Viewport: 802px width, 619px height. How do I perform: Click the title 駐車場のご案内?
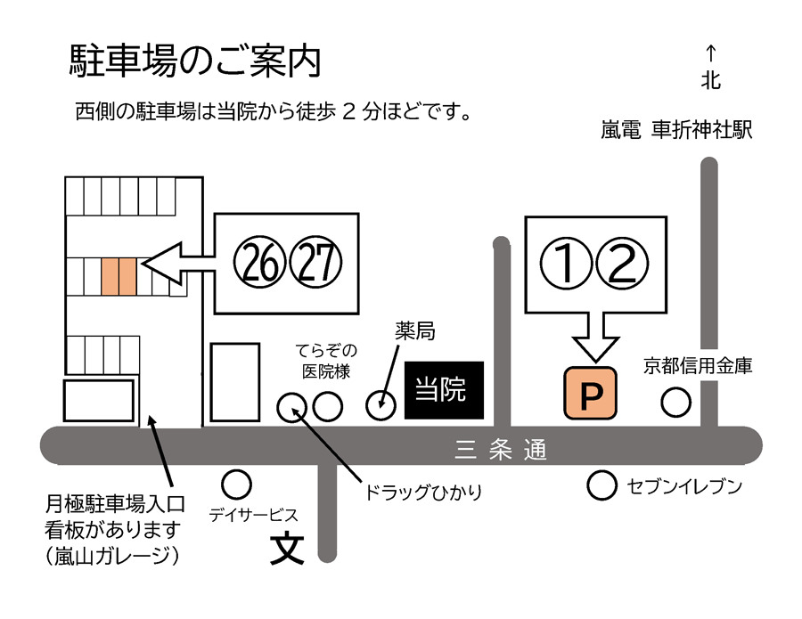tap(194, 61)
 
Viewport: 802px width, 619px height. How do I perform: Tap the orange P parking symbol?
tap(590, 393)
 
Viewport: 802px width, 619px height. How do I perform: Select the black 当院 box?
tap(444, 390)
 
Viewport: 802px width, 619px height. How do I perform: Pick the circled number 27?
tap(313, 264)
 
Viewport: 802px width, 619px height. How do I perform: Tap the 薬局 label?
tap(414, 332)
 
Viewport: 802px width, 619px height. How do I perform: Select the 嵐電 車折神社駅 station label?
tap(677, 131)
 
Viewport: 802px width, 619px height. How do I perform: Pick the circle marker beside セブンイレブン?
tap(602, 485)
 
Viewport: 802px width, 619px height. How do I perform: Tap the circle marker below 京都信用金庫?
tap(675, 403)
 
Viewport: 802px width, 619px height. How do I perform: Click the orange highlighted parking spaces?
tap(119, 277)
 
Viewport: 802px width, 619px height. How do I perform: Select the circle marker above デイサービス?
tap(236, 485)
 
